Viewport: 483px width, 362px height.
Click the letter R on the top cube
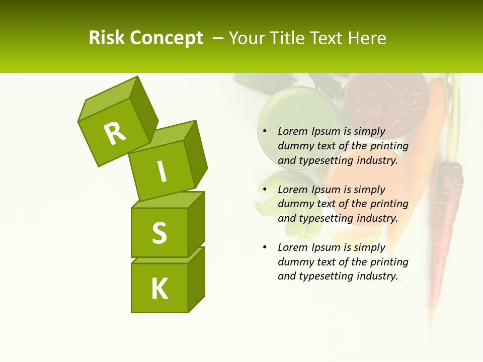[x=115, y=133]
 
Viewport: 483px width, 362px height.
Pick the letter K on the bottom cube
[x=159, y=289]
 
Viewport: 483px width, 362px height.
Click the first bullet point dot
[x=264, y=132]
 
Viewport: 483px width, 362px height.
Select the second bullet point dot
[x=264, y=190]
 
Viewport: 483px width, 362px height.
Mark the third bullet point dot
[x=264, y=247]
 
